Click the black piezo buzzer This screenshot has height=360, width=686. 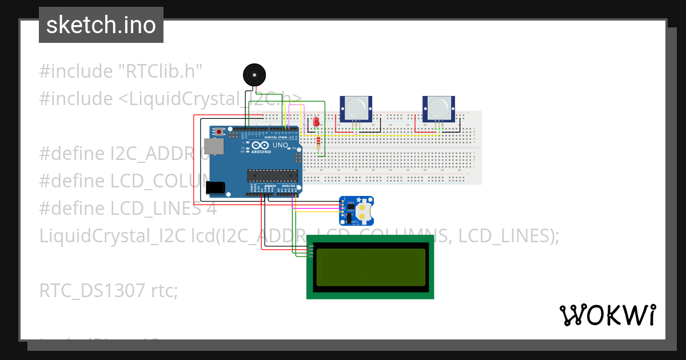click(254, 75)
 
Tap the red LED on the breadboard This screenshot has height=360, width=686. click(317, 122)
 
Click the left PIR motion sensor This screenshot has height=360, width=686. click(356, 109)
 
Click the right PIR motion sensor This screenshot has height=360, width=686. click(438, 109)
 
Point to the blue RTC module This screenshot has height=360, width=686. click(356, 210)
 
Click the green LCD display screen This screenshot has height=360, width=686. click(370, 267)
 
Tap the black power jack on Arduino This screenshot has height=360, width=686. click(216, 188)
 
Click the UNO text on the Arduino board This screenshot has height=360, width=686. click(280, 146)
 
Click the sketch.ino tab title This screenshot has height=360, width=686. click(101, 25)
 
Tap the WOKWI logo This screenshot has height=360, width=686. click(607, 315)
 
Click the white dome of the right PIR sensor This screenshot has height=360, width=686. click(438, 106)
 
